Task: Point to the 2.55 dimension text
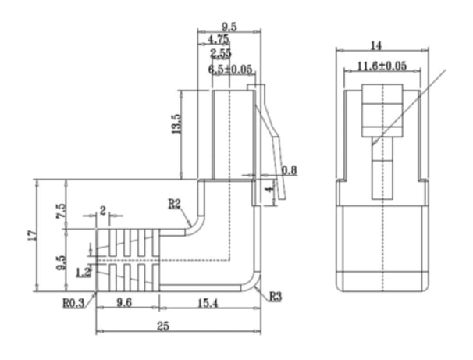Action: (x=221, y=53)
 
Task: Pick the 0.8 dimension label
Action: (x=289, y=169)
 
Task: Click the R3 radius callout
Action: (x=274, y=296)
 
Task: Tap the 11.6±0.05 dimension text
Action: (x=382, y=66)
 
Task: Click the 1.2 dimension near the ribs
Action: (x=84, y=273)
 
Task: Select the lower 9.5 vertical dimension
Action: (x=61, y=262)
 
